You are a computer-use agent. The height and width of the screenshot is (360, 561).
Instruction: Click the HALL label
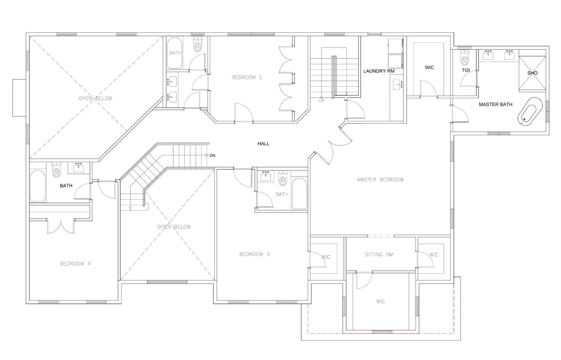[263, 144]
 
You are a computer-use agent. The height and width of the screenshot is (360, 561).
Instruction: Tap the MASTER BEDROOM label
[380, 179]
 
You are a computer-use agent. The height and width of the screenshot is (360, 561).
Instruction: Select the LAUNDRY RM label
[378, 71]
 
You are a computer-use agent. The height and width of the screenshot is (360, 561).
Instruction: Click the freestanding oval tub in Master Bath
[530, 111]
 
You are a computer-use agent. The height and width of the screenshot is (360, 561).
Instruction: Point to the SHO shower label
[532, 73]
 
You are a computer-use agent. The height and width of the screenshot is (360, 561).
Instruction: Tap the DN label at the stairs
[212, 156]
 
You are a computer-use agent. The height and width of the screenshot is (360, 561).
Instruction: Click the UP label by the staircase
[321, 101]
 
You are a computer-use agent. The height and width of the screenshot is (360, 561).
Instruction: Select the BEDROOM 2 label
[247, 77]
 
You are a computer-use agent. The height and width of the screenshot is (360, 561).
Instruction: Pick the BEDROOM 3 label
[254, 254]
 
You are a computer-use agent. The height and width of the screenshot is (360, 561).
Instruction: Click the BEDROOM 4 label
[76, 264]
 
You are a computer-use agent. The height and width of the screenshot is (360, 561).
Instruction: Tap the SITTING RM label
[379, 255]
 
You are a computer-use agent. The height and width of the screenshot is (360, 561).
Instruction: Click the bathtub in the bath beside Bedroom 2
[174, 53]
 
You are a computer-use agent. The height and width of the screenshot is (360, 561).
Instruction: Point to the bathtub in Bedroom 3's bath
[299, 193]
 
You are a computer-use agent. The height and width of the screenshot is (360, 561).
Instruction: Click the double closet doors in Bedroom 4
[61, 226]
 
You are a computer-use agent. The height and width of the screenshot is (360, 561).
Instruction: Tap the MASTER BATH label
[496, 104]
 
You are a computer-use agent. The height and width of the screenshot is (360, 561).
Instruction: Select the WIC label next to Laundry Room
[429, 68]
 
